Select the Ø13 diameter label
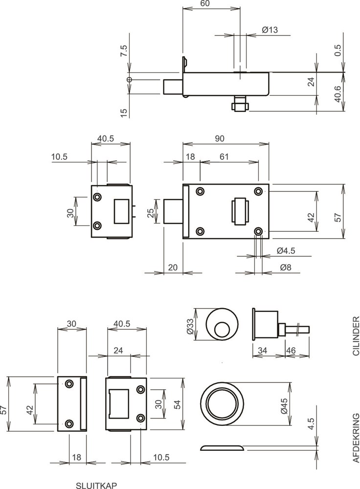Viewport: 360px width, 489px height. pos(270,30)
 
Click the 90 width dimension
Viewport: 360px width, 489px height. pos(219,139)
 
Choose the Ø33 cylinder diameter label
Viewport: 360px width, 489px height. pos(190,324)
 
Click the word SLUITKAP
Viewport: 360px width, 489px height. pos(97,485)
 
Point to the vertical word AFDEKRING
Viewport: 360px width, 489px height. pos(356,438)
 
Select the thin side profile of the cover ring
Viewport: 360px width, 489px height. pos(223,447)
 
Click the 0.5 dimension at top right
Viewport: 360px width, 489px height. pos(338,51)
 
